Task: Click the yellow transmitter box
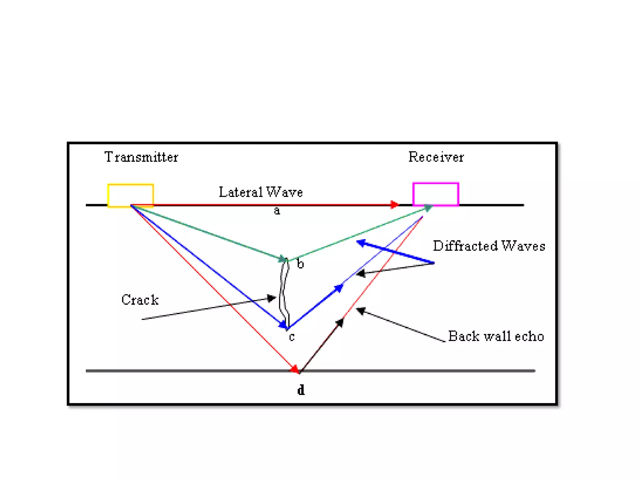pyautogui.click(x=131, y=195)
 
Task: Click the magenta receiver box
pyautogui.click(x=436, y=194)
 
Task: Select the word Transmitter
pyautogui.click(x=141, y=157)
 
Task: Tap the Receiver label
pyautogui.click(x=436, y=157)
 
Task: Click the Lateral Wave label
pyautogui.click(x=261, y=192)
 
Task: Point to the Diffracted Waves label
pyautogui.click(x=489, y=246)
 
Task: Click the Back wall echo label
pyautogui.click(x=496, y=336)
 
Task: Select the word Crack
pyautogui.click(x=140, y=300)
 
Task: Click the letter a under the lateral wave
pyautogui.click(x=277, y=211)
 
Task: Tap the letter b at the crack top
pyautogui.click(x=300, y=264)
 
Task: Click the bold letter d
pyautogui.click(x=301, y=390)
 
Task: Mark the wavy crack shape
pyautogui.click(x=284, y=293)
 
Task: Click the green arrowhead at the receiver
pyautogui.click(x=428, y=208)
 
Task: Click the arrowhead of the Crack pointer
pyautogui.click(x=271, y=298)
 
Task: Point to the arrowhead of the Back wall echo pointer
pyautogui.click(x=361, y=311)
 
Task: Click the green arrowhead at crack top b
pyautogui.click(x=283, y=259)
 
